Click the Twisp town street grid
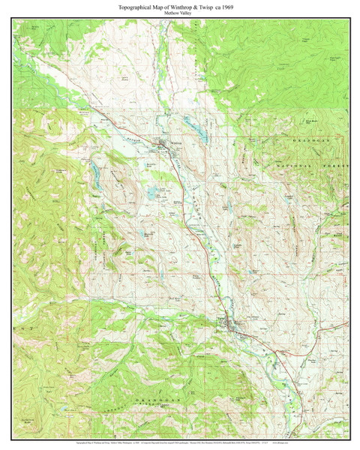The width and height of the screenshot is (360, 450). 234,325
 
